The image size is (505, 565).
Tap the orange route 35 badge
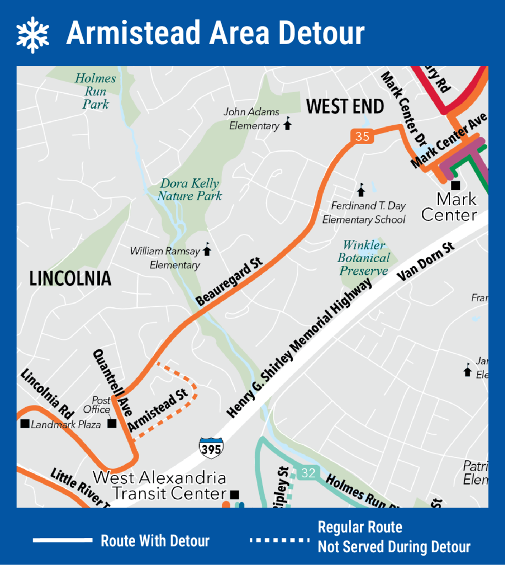coord(362,136)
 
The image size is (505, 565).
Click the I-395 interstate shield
coord(211,447)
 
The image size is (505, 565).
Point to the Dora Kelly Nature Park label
coord(189,189)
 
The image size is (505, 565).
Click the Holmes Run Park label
coord(95,91)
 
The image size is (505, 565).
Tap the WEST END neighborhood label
coord(345,106)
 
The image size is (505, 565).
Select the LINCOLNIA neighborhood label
coord(70,279)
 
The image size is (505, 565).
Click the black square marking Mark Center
coord(455,185)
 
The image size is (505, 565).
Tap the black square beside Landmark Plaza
coord(24,424)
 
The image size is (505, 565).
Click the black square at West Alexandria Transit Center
coord(234,494)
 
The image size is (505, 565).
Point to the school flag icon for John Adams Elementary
coord(287,124)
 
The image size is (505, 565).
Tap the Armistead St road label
coord(158,410)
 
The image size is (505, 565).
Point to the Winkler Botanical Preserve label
coord(364,258)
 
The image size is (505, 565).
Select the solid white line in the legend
coord(62,540)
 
